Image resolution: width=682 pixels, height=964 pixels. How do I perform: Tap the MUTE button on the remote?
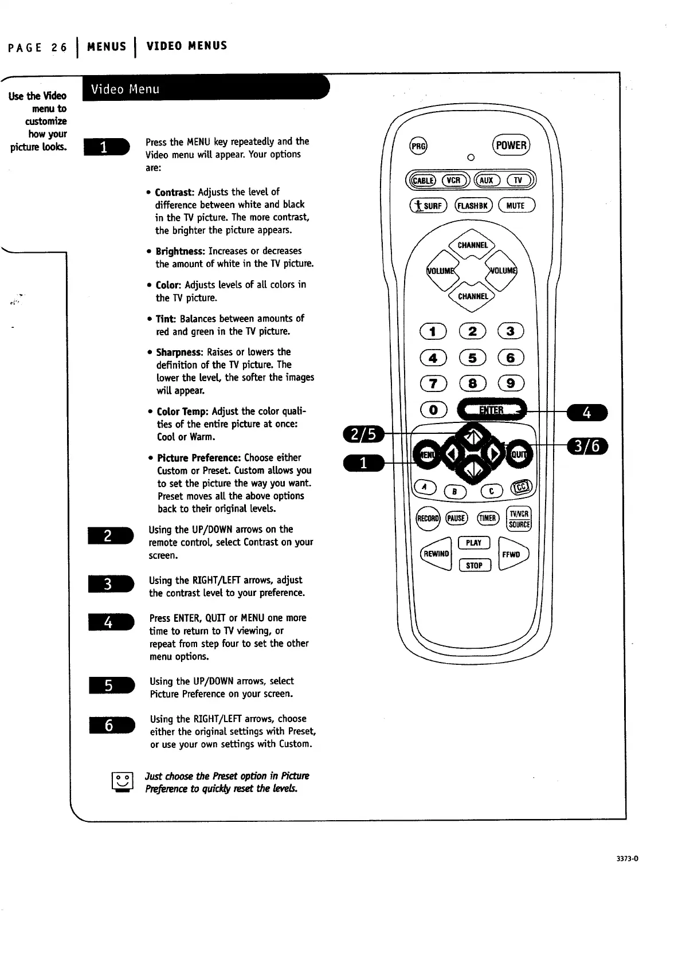coord(516,205)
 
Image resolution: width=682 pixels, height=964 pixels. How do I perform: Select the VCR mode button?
coord(453,180)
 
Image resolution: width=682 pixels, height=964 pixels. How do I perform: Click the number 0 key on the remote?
coord(434,409)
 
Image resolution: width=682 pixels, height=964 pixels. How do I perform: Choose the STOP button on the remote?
coord(474,566)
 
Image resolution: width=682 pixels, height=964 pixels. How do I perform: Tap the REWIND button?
coord(437,554)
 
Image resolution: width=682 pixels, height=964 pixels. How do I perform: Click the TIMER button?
coord(487,518)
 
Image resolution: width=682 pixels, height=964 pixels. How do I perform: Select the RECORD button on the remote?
coord(428,519)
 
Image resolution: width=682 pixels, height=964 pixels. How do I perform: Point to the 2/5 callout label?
coord(364,434)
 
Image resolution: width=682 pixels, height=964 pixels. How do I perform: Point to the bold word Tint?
coord(166,319)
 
